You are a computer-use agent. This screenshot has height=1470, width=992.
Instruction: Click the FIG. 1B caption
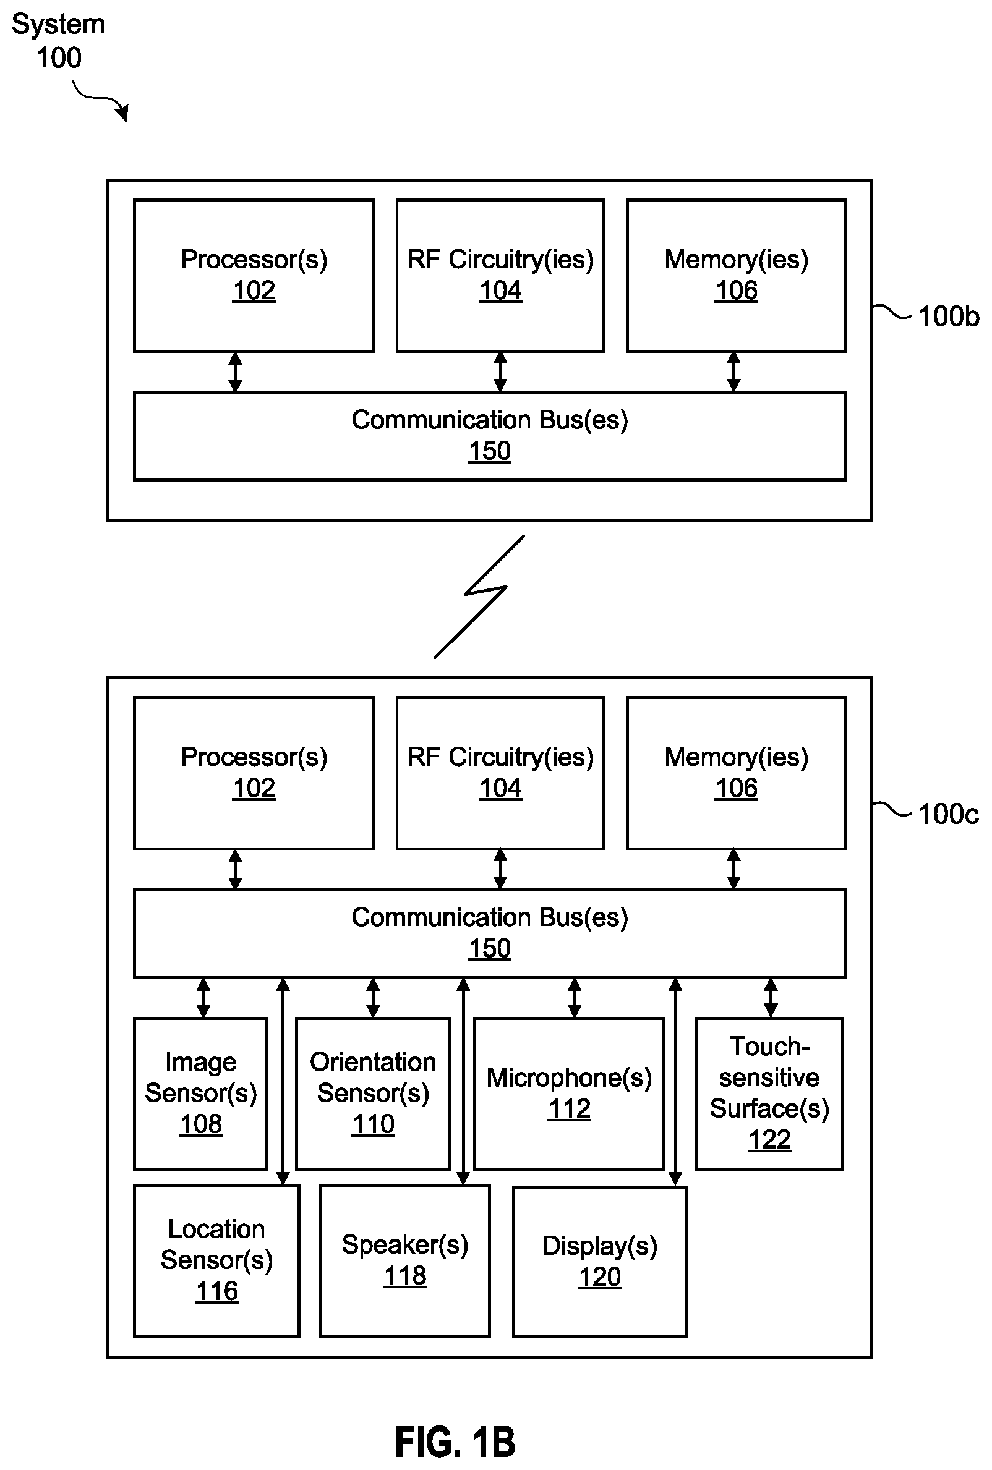point(455,1442)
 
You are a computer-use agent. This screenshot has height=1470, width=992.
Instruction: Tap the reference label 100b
point(948,316)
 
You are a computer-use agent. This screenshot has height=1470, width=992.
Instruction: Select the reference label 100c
point(948,814)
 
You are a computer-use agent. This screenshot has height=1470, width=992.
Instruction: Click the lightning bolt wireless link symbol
point(479,596)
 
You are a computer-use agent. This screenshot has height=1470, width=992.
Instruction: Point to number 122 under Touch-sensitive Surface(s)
point(769,1139)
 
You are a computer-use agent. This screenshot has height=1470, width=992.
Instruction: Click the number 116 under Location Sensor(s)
point(216,1291)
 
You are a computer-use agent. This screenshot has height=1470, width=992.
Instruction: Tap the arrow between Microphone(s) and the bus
point(575,998)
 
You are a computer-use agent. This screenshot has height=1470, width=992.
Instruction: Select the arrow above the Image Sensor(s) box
point(203,998)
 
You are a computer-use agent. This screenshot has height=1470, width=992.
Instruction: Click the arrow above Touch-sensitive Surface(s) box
point(771,998)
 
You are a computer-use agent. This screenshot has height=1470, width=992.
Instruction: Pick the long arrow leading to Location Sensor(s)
point(283,1081)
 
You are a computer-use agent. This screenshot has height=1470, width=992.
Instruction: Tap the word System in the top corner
point(58,25)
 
